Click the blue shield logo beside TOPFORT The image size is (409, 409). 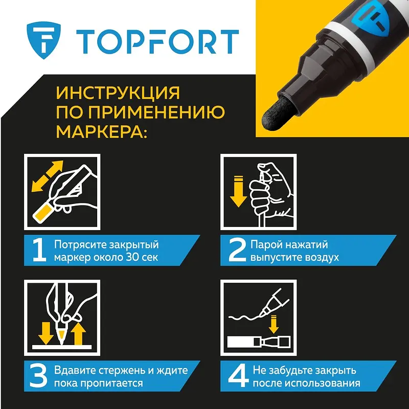click(43, 40)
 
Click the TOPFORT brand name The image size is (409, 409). click(157, 42)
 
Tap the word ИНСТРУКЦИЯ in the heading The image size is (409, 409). click(118, 93)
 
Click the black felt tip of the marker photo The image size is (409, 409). click(278, 113)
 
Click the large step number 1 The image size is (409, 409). click(39, 251)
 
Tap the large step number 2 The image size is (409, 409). click(237, 251)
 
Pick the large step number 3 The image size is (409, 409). click(38, 376)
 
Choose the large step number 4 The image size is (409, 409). click(238, 376)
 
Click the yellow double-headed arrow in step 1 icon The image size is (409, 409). click(47, 176)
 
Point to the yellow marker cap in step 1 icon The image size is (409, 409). click(44, 213)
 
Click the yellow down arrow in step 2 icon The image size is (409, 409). click(238, 192)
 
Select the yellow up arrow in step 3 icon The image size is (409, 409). click(78, 334)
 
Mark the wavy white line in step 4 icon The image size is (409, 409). click(245, 317)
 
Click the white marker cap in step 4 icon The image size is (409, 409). click(240, 342)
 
